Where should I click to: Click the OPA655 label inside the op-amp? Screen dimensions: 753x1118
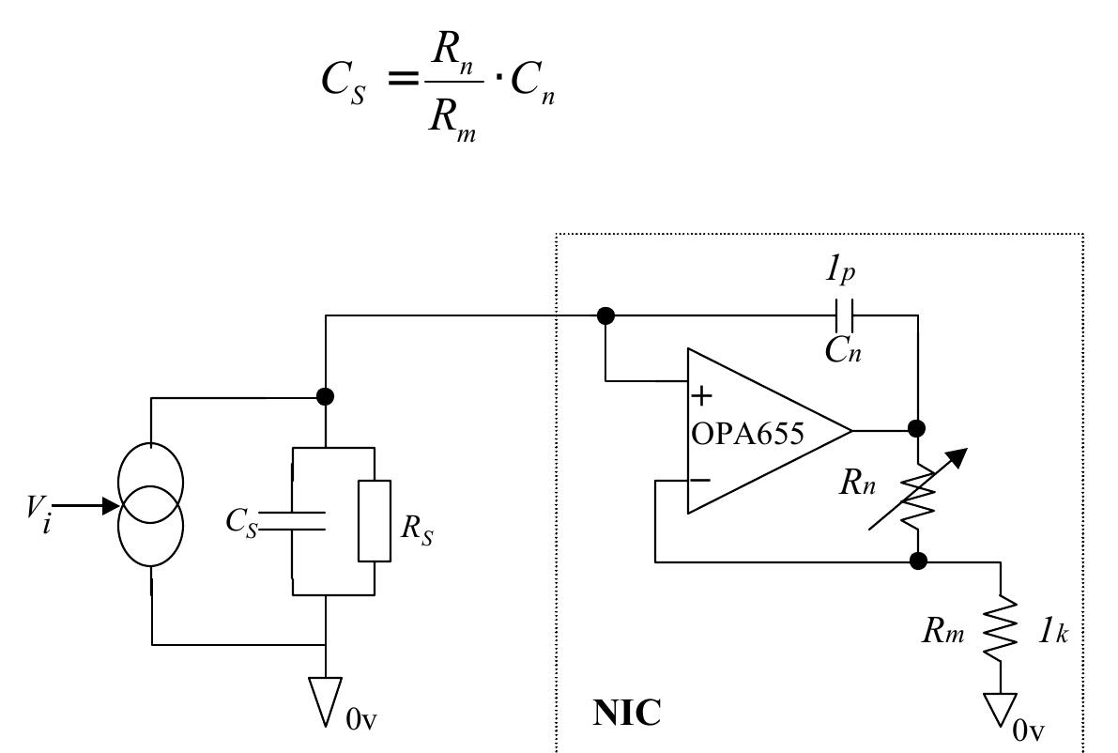tap(747, 434)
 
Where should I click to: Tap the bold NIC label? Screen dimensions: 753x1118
tap(627, 713)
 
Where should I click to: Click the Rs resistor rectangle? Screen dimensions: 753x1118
tap(375, 521)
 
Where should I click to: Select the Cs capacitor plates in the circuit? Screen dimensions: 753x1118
tap(293, 521)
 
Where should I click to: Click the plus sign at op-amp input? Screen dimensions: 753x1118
tap(700, 395)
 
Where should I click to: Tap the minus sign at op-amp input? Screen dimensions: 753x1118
tap(700, 480)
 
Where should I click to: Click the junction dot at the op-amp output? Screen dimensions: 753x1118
tap(918, 429)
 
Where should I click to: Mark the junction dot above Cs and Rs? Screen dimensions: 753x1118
tap(325, 396)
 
